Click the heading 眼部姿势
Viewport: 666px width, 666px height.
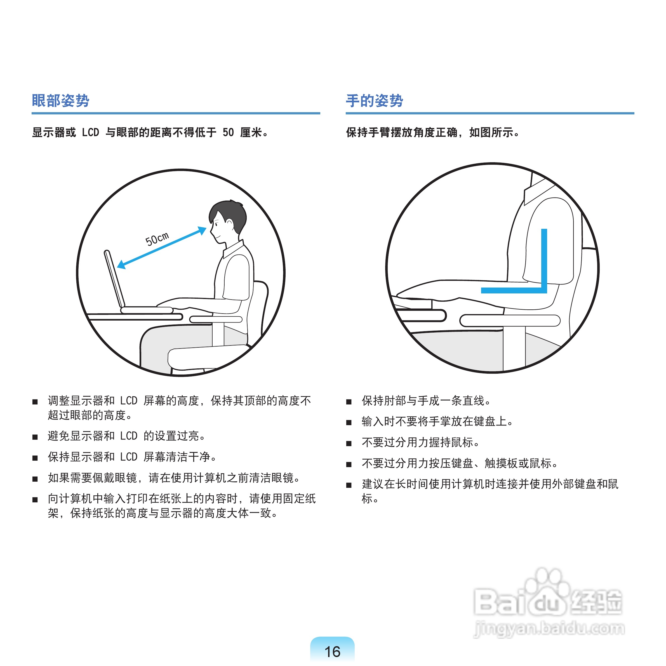(x=60, y=101)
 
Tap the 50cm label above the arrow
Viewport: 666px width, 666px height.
(x=157, y=239)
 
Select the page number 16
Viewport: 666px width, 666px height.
(x=332, y=651)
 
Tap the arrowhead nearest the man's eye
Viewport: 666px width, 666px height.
(x=202, y=230)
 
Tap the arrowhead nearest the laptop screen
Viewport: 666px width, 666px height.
(x=122, y=264)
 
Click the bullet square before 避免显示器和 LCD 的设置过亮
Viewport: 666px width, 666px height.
(x=35, y=437)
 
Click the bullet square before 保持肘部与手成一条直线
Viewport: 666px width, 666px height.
(x=349, y=402)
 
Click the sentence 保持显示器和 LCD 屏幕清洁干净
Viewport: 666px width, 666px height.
(x=132, y=457)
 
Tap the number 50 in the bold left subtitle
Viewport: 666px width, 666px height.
(x=228, y=132)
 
